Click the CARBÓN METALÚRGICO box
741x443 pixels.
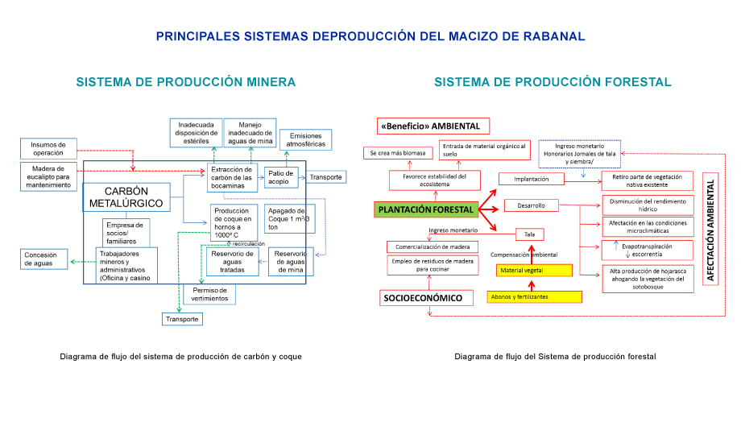pyautogui.click(x=126, y=197)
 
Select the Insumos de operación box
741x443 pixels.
pyautogui.click(x=48, y=148)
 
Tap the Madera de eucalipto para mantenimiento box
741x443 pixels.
pyautogui.click(x=48, y=177)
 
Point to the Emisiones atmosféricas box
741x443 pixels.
pyautogui.click(x=306, y=139)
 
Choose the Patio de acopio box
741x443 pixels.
pyautogui.click(x=281, y=177)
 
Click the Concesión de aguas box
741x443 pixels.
pyautogui.click(x=44, y=259)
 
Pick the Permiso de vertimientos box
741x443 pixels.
pyautogui.click(x=209, y=294)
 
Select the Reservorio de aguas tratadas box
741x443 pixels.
pyautogui.click(x=232, y=262)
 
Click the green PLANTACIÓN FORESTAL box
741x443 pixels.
pyautogui.click(x=426, y=209)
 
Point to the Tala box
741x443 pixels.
pyautogui.click(x=530, y=234)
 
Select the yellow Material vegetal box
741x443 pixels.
pyautogui.click(x=534, y=271)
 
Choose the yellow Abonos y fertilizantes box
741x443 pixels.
pyautogui.click(x=535, y=297)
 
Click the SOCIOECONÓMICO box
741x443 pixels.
pyautogui.click(x=426, y=298)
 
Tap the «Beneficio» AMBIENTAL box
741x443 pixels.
pyautogui.click(x=433, y=126)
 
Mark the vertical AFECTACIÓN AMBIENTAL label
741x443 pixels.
pyautogui.click(x=710, y=229)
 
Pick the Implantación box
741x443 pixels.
pyautogui.click(x=532, y=179)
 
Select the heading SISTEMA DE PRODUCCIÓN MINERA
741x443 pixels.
pyautogui.click(x=186, y=82)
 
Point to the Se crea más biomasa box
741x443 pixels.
pyautogui.click(x=398, y=153)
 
